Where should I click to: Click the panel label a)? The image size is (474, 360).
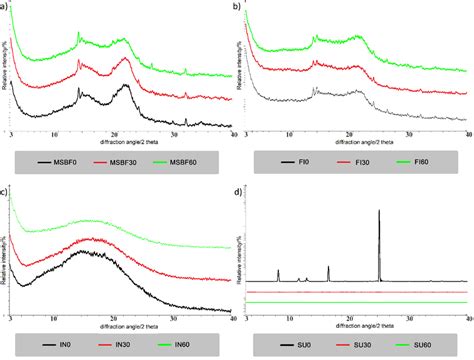click(x=6, y=7)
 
